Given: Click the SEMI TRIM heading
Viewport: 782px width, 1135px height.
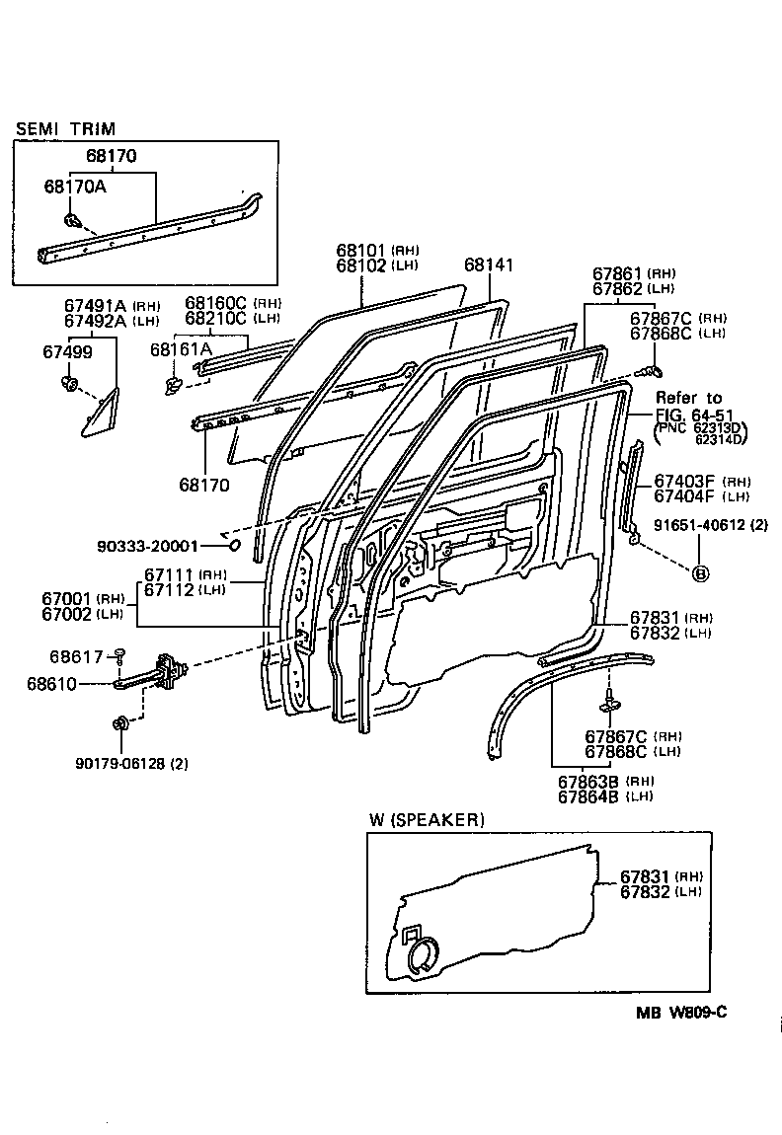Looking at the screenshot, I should click(64, 128).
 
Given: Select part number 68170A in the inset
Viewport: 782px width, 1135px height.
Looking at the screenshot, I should click(74, 186).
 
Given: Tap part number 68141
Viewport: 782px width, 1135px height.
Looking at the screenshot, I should click(489, 265).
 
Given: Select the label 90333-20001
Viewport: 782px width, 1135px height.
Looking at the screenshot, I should click(148, 545).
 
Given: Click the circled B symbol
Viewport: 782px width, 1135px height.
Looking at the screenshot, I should click(701, 573).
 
